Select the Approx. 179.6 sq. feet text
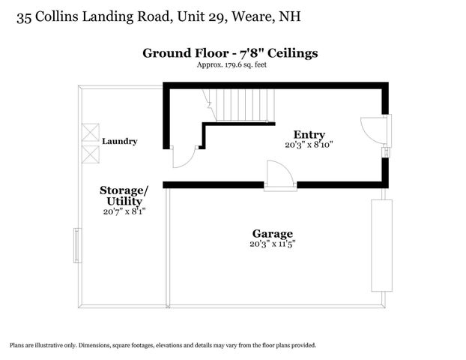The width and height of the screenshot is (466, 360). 232,65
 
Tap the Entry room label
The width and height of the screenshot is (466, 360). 308,134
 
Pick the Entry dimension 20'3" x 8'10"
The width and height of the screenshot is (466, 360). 308,144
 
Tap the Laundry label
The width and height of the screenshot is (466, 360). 120,141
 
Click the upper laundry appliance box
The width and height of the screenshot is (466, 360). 90,133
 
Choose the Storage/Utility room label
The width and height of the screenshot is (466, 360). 124,195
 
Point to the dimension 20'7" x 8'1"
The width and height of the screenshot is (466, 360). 124,211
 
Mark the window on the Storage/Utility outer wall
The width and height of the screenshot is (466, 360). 77,245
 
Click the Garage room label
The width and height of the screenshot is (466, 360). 272,233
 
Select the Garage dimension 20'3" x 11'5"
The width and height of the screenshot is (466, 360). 273,243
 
